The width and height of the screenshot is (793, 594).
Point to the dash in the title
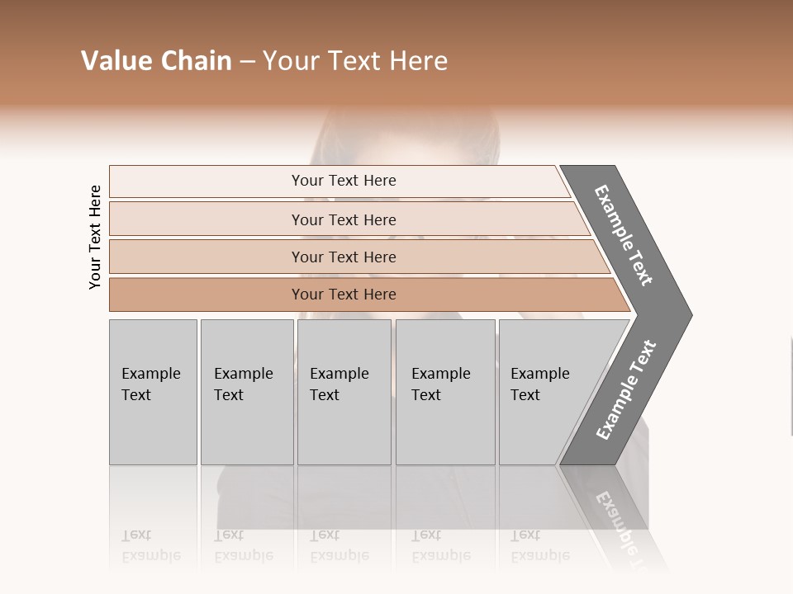(x=247, y=62)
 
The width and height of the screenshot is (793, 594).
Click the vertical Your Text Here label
(x=95, y=237)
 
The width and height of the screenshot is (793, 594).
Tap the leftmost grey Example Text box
(x=153, y=392)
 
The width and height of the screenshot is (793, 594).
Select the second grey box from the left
(x=246, y=392)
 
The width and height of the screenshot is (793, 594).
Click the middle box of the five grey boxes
(x=344, y=392)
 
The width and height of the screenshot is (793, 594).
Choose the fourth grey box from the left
(x=444, y=392)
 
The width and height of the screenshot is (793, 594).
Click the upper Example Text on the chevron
(x=624, y=235)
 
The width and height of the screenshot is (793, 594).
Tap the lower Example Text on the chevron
(x=626, y=389)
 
